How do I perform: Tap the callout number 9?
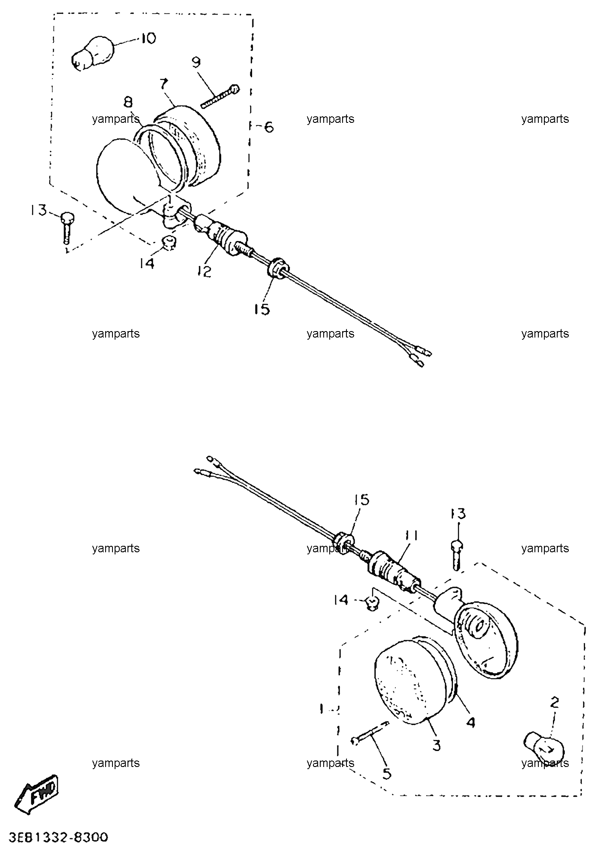pyautogui.click(x=196, y=63)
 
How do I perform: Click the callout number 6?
pyautogui.click(x=268, y=127)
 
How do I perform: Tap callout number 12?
pyautogui.click(x=205, y=271)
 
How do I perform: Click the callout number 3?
pyautogui.click(x=437, y=745)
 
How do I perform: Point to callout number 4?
pyautogui.click(x=471, y=723)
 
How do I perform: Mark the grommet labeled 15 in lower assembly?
pyautogui.click(x=344, y=542)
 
